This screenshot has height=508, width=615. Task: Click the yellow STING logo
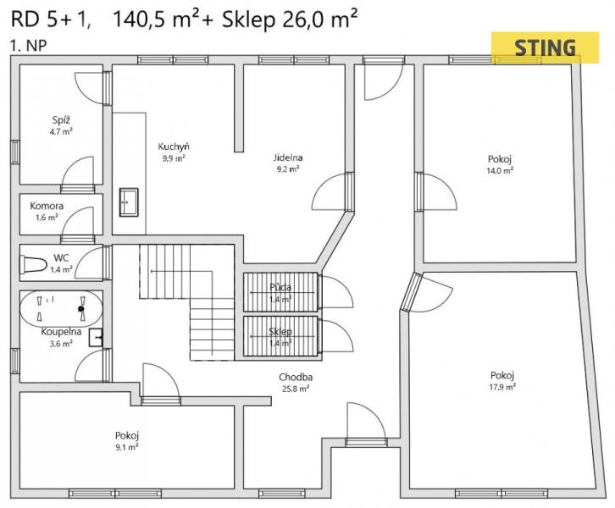[x=545, y=47]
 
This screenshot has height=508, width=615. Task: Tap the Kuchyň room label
[x=174, y=147]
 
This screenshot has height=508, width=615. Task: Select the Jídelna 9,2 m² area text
[x=288, y=169]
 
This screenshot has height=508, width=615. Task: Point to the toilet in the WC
[x=34, y=264]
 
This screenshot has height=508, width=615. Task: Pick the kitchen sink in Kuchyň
[x=129, y=202]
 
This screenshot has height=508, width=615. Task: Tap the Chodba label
[x=296, y=377]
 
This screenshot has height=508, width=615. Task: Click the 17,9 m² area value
[x=502, y=387]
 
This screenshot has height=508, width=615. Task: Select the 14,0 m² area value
[x=500, y=170]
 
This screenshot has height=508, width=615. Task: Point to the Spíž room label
[x=61, y=120]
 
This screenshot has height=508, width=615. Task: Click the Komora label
[x=47, y=206]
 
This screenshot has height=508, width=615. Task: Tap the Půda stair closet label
[x=280, y=287]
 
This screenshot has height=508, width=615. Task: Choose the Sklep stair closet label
[x=280, y=332]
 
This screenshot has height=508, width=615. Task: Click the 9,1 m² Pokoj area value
[x=126, y=447]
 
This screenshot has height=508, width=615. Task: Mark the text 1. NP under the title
[x=29, y=46]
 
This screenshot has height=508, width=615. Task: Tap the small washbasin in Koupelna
[x=96, y=338]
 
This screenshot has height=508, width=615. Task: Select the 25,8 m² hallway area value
[x=296, y=389]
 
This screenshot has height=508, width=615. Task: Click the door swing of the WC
[x=89, y=263]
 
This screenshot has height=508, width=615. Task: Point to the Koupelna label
[x=61, y=332]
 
